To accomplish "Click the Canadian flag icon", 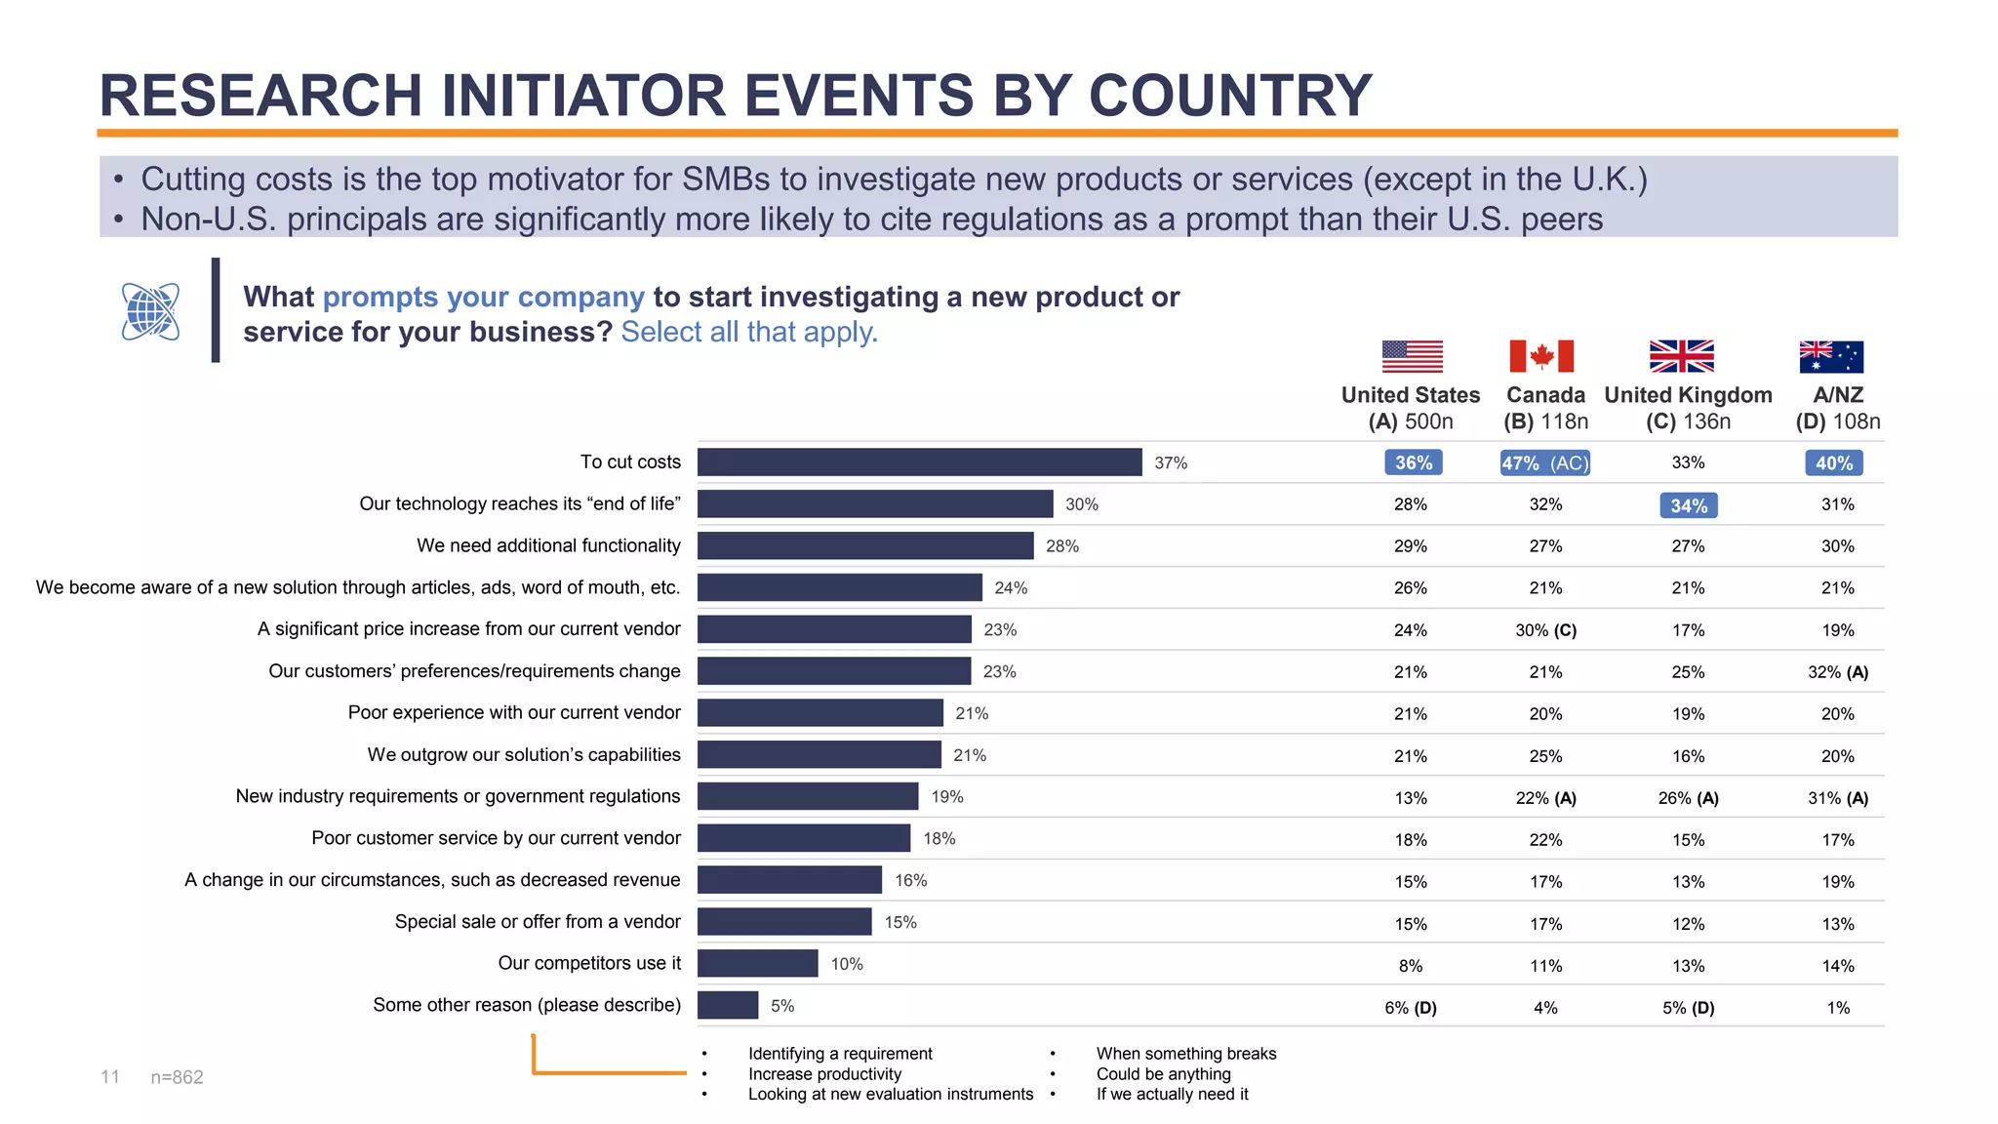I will (1541, 356).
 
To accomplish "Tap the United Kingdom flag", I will (1681, 356).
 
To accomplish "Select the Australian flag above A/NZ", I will (1831, 357).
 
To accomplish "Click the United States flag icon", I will (1412, 356).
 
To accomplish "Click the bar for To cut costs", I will (919, 462).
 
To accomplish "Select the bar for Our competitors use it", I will (757, 964).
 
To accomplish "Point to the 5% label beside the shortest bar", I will (782, 1006).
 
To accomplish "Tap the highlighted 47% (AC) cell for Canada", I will (1545, 463).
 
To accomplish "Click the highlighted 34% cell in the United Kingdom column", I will (1689, 505).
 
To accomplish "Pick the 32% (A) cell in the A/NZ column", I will (1837, 672).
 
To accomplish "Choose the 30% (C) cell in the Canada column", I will (1545, 630).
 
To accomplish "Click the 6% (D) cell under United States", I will (1411, 1008).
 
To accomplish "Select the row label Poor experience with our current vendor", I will (514, 713).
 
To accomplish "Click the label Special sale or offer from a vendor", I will (538, 922).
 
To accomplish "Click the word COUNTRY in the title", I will (1230, 96).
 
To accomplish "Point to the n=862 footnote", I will (177, 1077).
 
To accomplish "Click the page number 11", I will (110, 1077).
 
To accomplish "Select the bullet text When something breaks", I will (1185, 1054).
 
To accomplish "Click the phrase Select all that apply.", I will (749, 333).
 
